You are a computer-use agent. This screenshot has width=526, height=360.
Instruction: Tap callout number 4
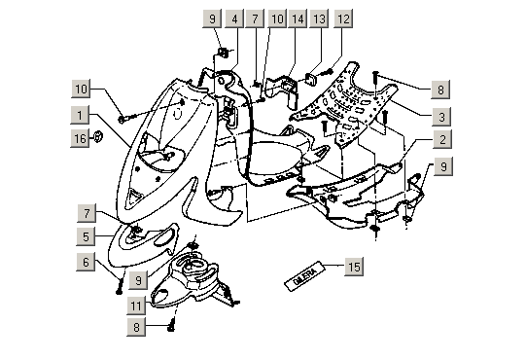pyautogui.click(x=234, y=18)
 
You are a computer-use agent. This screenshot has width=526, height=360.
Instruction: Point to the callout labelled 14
pyautogui.click(x=297, y=18)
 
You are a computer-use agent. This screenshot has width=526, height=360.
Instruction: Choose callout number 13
pyautogui.click(x=319, y=18)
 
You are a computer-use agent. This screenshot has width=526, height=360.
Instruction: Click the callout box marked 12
pyautogui.click(x=342, y=18)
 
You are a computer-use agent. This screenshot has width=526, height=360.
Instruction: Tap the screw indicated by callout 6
pyautogui.click(x=120, y=283)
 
